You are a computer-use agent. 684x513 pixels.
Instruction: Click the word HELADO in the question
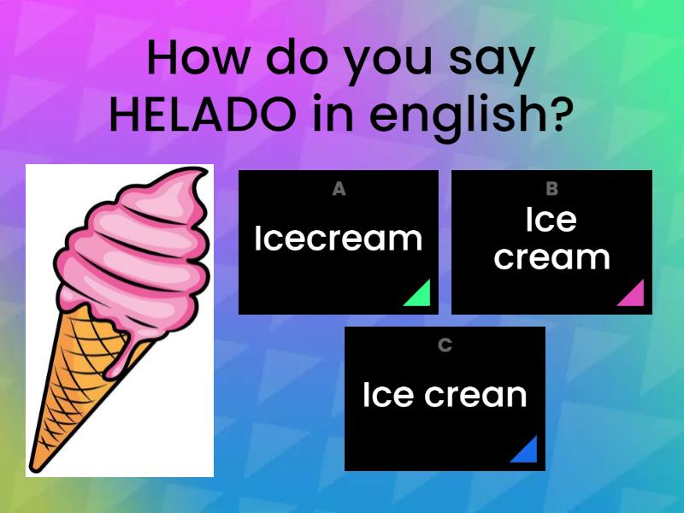point(203,114)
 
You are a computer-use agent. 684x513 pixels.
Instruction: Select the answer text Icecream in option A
point(339,239)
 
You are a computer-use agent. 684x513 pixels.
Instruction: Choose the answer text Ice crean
point(445,395)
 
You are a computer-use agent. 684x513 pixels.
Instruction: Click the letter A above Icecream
point(339,189)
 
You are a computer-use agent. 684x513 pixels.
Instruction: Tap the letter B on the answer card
point(551,189)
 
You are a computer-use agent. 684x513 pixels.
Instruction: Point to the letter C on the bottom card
point(445,345)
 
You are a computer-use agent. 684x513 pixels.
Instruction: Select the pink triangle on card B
point(633,295)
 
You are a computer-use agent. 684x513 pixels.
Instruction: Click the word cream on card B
point(551,257)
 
